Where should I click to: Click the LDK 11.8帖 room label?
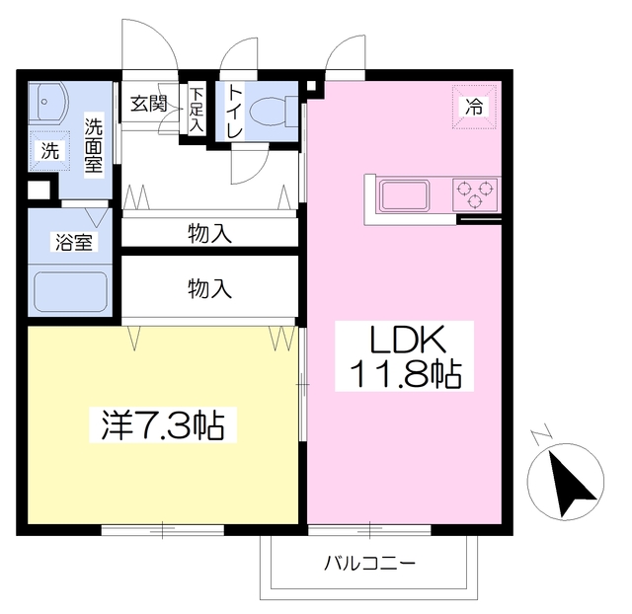coord(404,356)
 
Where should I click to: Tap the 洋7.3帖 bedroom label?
coord(163,425)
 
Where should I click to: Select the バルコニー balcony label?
coord(369,563)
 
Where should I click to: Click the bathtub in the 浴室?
coord(70,291)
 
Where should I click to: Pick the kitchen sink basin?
coord(404,195)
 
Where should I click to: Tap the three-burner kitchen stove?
coord(475,194)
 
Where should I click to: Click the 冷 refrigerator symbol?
coord(474,108)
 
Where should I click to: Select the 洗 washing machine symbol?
coord(50,151)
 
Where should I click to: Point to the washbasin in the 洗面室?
coord(50,103)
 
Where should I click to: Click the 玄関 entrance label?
coord(149,104)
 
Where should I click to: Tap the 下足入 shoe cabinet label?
coord(197,110)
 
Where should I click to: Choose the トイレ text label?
coord(235,112)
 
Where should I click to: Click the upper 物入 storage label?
coord(209,234)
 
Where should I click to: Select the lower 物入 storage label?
coord(209,288)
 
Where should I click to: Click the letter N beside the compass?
coord(541,434)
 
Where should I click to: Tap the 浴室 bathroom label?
coord(74,242)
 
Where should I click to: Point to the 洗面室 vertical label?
coord(94,145)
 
